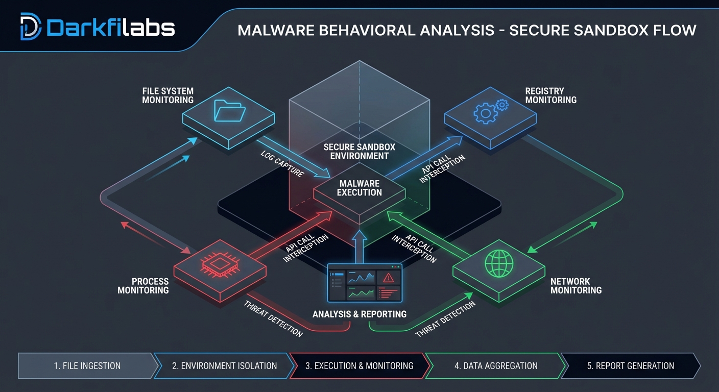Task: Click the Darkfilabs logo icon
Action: coord(31,27)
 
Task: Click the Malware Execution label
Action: coord(359,188)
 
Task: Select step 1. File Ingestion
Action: coord(87,366)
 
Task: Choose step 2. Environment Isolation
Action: coord(224,366)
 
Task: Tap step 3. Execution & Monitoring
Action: coord(359,366)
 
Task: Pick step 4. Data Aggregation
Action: coord(496,366)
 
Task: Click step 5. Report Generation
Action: coord(630,366)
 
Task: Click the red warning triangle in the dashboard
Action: coord(388,278)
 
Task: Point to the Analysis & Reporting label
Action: coord(359,314)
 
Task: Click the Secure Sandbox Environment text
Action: coord(359,151)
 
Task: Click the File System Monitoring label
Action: coord(167,96)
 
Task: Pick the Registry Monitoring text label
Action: coord(550,96)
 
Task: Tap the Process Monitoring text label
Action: coord(143,286)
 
